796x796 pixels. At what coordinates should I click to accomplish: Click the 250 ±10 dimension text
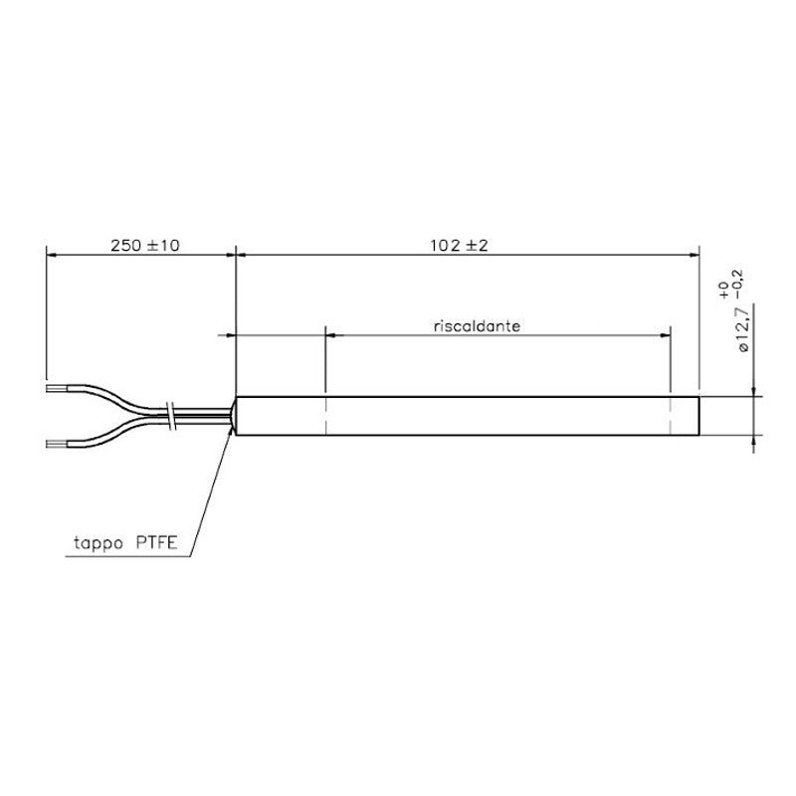pos(145,246)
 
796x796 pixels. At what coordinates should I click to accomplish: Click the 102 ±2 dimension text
pos(459,246)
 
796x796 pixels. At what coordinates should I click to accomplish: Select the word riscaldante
pos(478,326)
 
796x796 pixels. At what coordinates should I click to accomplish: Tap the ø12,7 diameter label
pos(743,329)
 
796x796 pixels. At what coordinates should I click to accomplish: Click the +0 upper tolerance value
pos(725,291)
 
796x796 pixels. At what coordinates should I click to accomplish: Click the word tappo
pos(99,543)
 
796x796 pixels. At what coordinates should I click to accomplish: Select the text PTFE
pos(156,542)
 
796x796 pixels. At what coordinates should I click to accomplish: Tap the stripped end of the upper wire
pos(57,389)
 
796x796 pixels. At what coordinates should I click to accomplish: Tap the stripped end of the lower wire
pos(57,444)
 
